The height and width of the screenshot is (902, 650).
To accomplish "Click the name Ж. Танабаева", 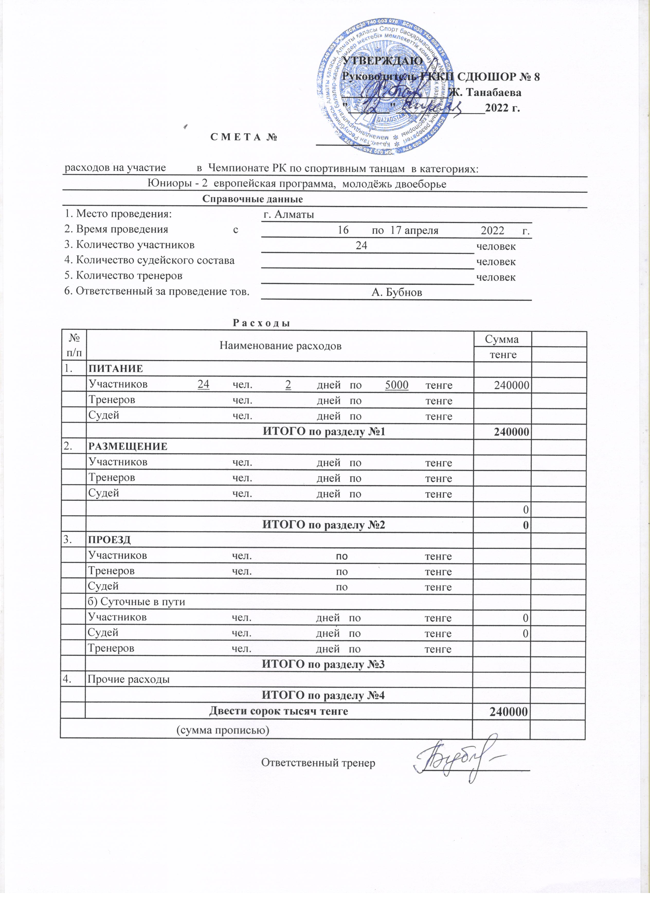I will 485,93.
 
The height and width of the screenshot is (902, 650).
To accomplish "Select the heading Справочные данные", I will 252,199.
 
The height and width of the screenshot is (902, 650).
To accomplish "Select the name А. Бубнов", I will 396,293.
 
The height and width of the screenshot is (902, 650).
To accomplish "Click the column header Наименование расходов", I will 280,346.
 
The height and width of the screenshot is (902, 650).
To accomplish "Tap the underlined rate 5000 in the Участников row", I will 397,385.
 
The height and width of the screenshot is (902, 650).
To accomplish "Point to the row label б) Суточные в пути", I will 136,601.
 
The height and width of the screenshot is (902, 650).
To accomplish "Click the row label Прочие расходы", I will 128,679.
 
